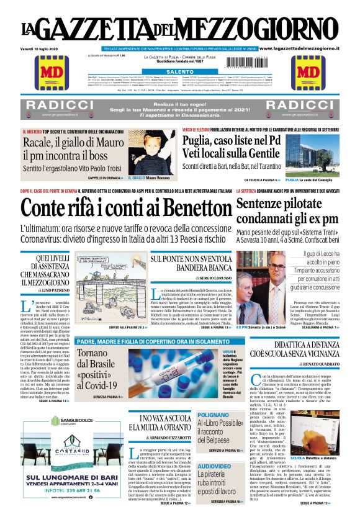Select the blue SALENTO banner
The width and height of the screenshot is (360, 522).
pos(180,73)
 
